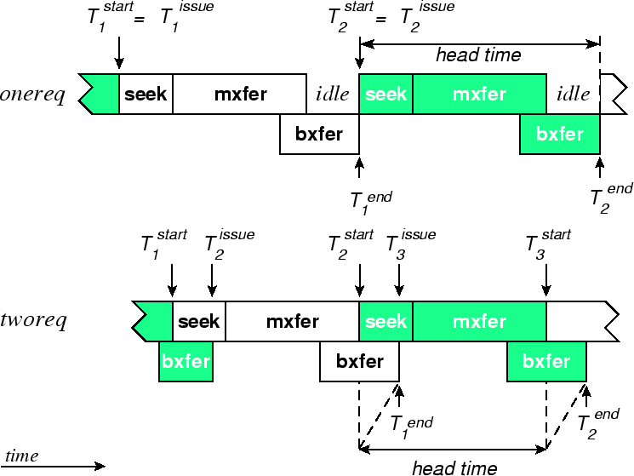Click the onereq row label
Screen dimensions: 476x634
pos(33,94)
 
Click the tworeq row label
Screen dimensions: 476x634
pos(35,321)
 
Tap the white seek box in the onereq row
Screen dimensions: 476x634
pos(146,94)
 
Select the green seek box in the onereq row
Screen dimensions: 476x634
pos(386,94)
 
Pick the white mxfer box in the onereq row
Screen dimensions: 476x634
pos(240,94)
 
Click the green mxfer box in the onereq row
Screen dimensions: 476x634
pos(479,94)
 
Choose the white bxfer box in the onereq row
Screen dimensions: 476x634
pos(319,134)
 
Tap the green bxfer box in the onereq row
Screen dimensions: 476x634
pos(559,134)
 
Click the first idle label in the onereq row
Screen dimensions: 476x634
pos(333,94)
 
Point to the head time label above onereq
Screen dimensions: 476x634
pos(478,56)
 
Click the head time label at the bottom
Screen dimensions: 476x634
pos(454,467)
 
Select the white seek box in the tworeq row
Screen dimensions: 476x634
pos(199,321)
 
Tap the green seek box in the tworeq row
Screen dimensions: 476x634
pos(386,321)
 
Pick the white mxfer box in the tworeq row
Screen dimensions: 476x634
pos(292,321)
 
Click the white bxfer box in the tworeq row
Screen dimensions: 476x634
pos(359,361)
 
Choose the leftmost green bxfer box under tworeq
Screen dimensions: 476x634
pos(186,361)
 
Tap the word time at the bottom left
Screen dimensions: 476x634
pos(22,456)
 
